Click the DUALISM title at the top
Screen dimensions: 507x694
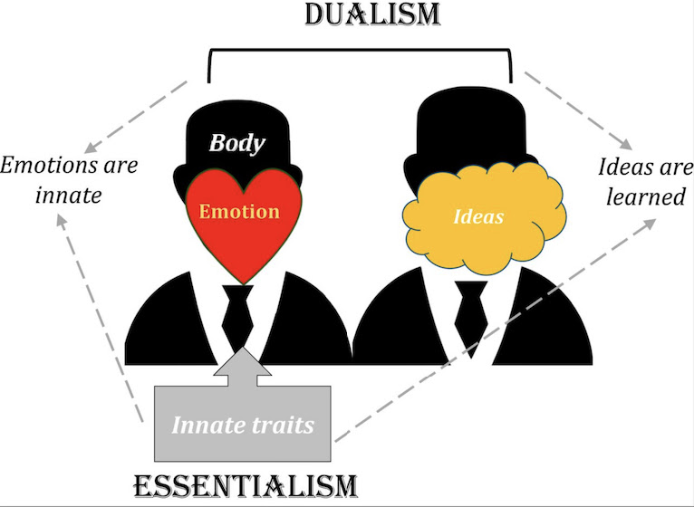coord(361,16)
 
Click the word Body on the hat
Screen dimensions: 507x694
coord(236,143)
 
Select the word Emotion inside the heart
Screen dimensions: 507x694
coord(240,212)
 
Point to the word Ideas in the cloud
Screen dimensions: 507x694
coord(478,217)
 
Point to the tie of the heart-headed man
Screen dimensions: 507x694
coord(237,312)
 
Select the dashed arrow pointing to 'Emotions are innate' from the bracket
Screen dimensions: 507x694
coord(136,118)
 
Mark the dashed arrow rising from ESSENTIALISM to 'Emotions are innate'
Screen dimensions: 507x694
coord(100,317)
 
